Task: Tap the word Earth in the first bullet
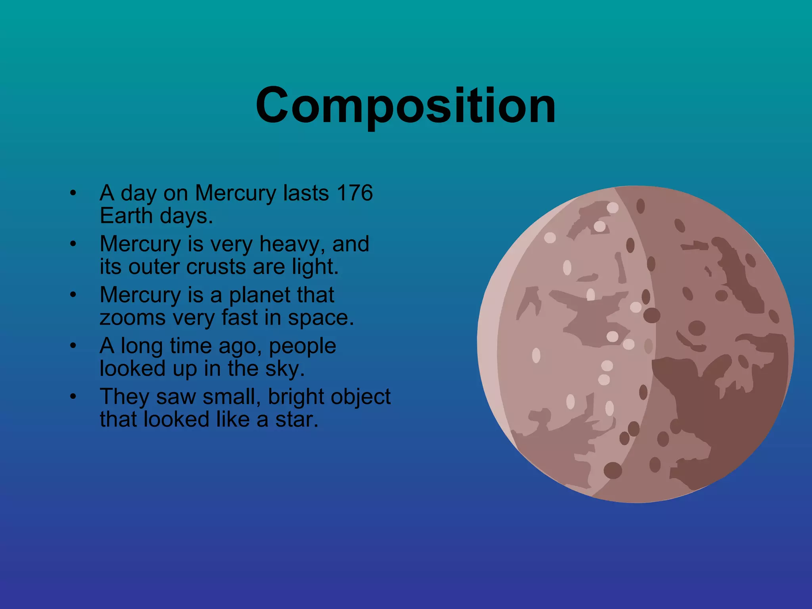[126, 216]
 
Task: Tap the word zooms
[132, 318]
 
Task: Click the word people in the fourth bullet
[302, 346]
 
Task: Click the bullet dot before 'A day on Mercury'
[73, 193]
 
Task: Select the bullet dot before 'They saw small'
[73, 397]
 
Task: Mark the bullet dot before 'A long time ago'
[73, 346]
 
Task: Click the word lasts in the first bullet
[306, 193]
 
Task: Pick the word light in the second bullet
[315, 267]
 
